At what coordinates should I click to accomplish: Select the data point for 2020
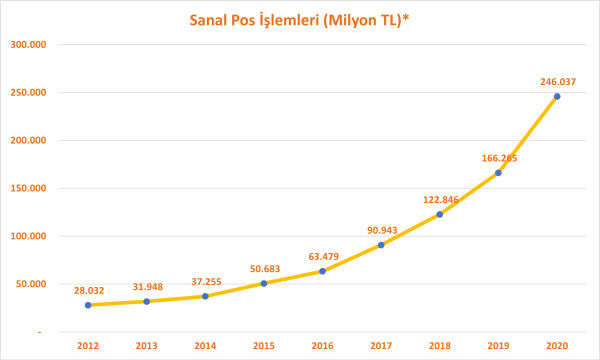pyautogui.click(x=557, y=96)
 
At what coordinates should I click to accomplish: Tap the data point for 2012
pyautogui.click(x=88, y=305)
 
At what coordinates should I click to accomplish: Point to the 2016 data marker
pyautogui.click(x=322, y=271)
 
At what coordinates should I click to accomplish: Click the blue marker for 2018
pyautogui.click(x=439, y=214)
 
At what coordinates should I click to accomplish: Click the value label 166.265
pyautogui.click(x=497, y=157)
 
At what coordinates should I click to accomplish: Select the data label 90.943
pyautogui.click(x=379, y=230)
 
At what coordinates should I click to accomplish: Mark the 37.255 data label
pyautogui.click(x=205, y=282)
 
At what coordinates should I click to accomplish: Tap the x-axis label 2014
pyautogui.click(x=205, y=345)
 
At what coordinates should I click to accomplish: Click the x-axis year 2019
pyautogui.click(x=498, y=345)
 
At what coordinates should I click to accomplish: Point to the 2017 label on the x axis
pyautogui.click(x=381, y=345)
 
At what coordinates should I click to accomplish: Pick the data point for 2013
pyautogui.click(x=147, y=301)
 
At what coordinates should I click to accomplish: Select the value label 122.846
pyautogui.click(x=438, y=199)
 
